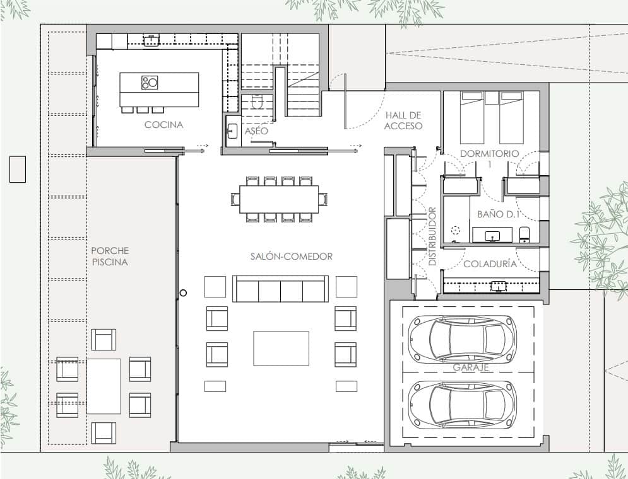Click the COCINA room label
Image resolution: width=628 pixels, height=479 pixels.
tap(163, 125)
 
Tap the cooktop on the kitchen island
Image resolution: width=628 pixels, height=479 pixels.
tap(150, 82)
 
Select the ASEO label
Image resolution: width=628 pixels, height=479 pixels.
tap(256, 131)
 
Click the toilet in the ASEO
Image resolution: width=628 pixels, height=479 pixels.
tap(258, 103)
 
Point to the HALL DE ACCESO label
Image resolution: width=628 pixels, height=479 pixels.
tap(404, 120)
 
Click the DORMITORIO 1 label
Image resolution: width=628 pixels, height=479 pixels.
tap(489, 158)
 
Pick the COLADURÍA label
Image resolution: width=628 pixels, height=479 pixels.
tap(490, 264)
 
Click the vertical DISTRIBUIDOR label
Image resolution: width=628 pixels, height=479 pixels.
tap(433, 236)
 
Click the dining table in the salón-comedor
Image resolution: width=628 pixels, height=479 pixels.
tap(279, 199)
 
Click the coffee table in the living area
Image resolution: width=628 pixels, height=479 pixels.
tap(281, 349)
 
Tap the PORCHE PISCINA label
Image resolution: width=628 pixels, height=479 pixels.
tap(109, 256)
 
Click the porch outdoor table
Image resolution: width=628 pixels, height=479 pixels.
tap(104, 386)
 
